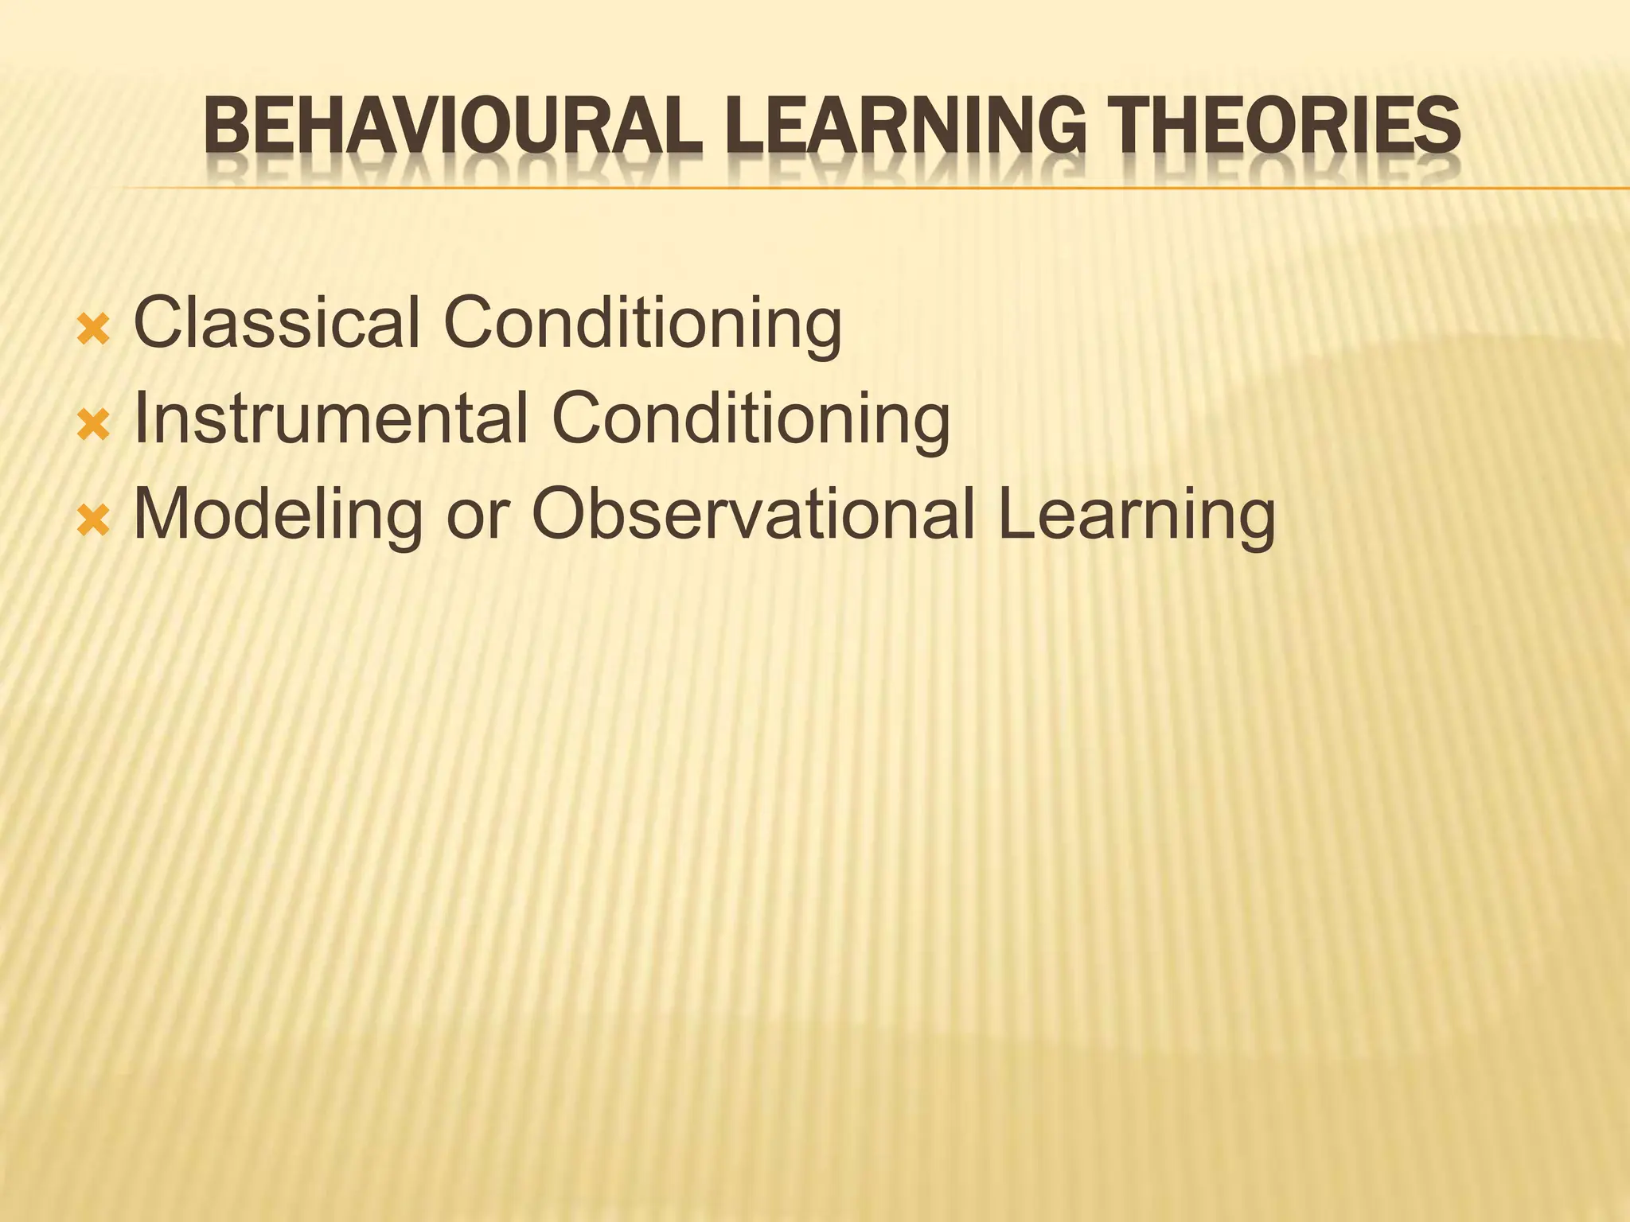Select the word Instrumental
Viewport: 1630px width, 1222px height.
point(331,418)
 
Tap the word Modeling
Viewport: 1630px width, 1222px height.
point(278,516)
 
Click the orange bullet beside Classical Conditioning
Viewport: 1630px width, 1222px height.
point(93,329)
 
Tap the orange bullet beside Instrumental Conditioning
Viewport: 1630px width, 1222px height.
point(93,425)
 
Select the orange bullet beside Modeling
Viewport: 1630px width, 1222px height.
point(93,521)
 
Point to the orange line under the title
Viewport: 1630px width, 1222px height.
point(875,189)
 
